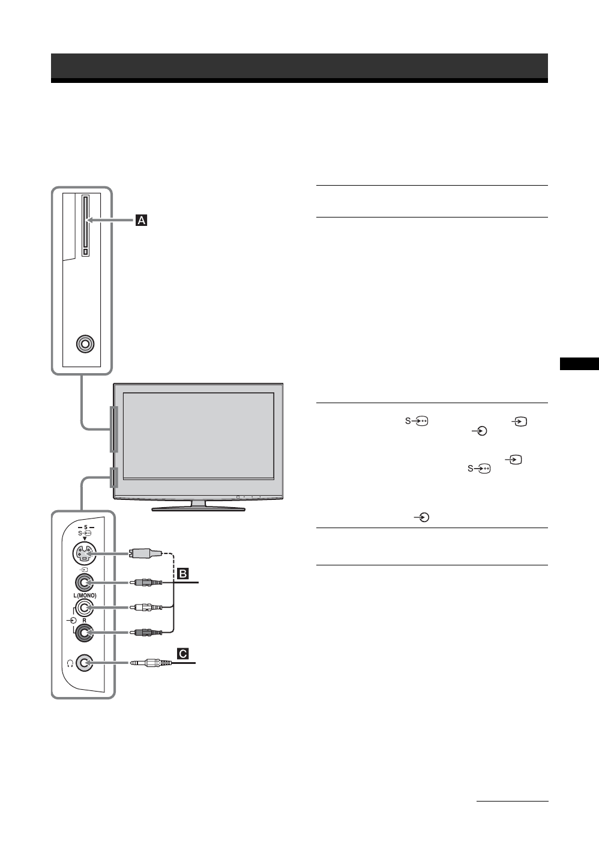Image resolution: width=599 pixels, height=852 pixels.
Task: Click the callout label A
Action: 141,221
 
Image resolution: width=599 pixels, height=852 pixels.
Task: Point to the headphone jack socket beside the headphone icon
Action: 85,663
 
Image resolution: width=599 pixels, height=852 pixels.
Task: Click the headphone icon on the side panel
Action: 70,663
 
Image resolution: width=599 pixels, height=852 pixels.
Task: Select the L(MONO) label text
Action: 85,595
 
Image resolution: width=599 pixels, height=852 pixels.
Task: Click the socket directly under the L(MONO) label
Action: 85,608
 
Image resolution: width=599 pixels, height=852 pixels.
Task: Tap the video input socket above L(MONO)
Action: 85,582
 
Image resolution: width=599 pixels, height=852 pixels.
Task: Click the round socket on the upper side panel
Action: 85,344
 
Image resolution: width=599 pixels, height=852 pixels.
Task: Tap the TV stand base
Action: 198,508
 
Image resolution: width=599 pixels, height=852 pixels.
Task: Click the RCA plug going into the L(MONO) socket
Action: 148,608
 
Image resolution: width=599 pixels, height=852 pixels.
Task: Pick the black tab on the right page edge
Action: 579,364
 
